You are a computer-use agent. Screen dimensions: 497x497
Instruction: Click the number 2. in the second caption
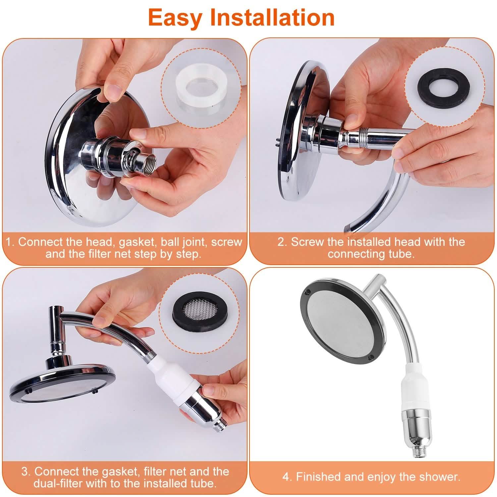[282, 242]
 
